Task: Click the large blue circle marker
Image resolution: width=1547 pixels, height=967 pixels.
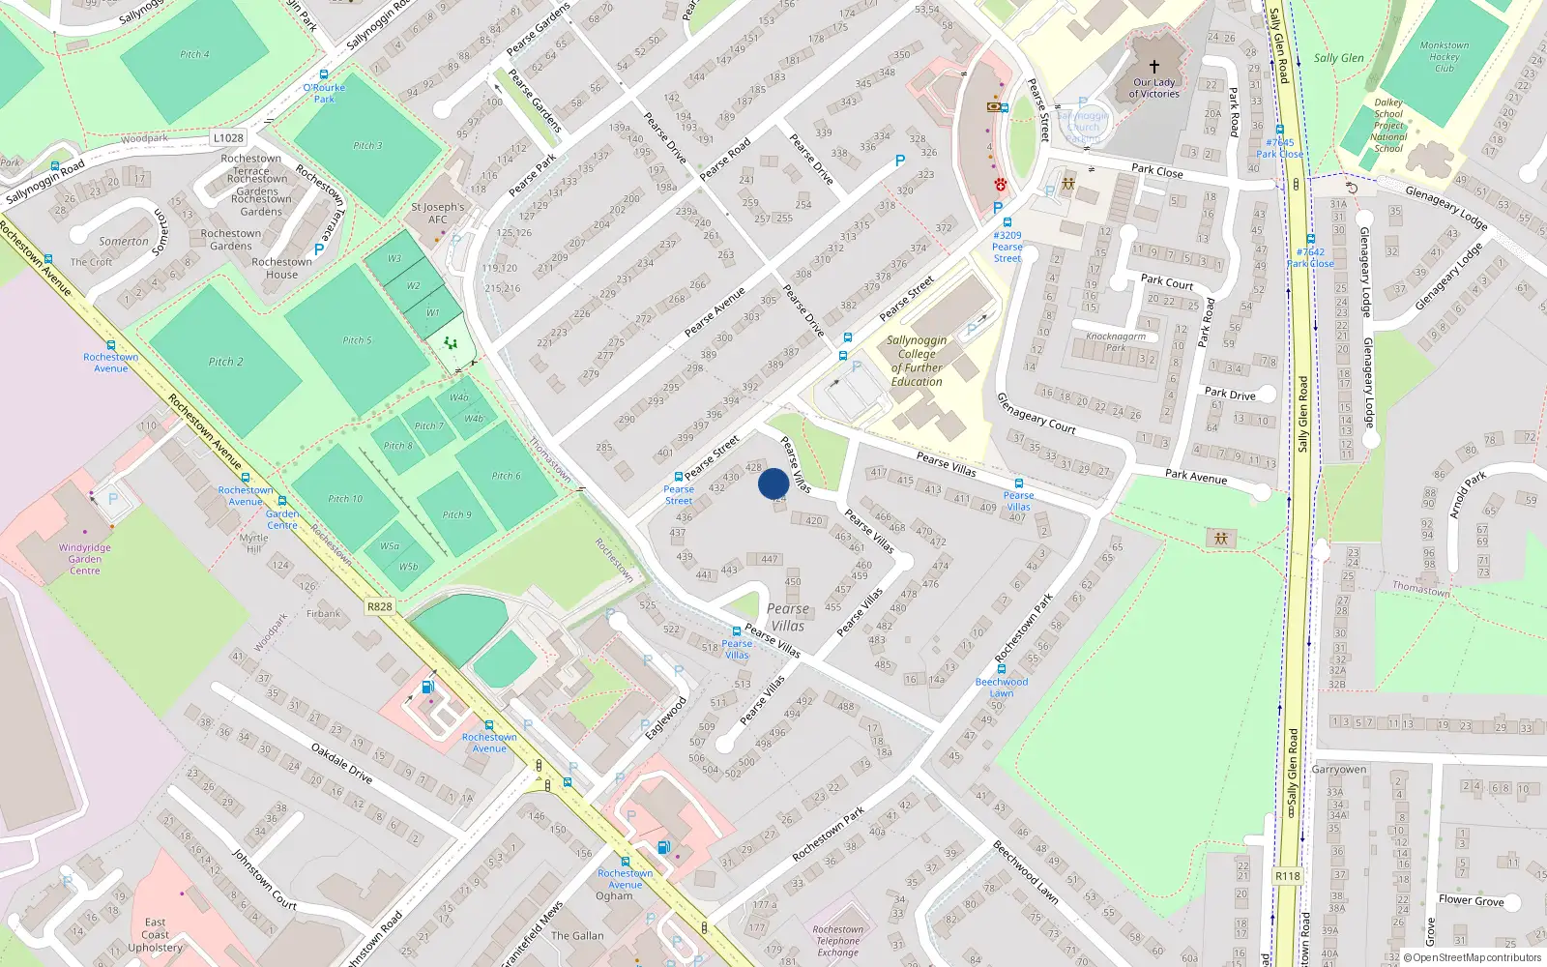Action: pyautogui.click(x=773, y=483)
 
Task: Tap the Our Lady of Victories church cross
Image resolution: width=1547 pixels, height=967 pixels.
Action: pyautogui.click(x=1153, y=67)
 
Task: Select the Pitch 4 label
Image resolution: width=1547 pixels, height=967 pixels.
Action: pyautogui.click(x=194, y=54)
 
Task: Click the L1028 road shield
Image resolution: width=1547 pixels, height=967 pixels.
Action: pyautogui.click(x=228, y=138)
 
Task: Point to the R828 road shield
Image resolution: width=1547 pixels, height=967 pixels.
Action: pyautogui.click(x=380, y=606)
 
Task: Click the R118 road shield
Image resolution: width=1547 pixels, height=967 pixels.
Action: pyautogui.click(x=1287, y=876)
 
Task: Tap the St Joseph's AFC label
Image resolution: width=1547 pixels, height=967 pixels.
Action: pyautogui.click(x=438, y=213)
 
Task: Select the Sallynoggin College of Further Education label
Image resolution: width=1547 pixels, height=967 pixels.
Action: pyautogui.click(x=917, y=361)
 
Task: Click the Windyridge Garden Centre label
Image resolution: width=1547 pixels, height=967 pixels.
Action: pyautogui.click(x=84, y=559)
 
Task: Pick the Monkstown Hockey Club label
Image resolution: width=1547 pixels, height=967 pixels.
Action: pyautogui.click(x=1445, y=56)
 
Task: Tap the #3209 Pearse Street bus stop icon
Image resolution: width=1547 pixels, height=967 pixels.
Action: pyautogui.click(x=1007, y=222)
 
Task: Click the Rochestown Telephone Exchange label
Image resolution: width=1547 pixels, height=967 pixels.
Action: pyautogui.click(x=837, y=941)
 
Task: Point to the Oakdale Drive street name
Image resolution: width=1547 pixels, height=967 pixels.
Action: pyautogui.click(x=341, y=762)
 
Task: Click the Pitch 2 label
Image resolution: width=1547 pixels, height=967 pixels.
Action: pyautogui.click(x=226, y=362)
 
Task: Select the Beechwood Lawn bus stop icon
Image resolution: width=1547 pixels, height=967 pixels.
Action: pyautogui.click(x=1002, y=669)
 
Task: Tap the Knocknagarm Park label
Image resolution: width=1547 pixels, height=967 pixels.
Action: pyautogui.click(x=1116, y=341)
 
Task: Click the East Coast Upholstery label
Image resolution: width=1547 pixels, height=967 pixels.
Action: pyautogui.click(x=155, y=934)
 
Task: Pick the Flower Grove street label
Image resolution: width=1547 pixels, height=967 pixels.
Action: pyautogui.click(x=1471, y=900)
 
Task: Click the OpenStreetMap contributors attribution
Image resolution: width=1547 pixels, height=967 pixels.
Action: pyautogui.click(x=1476, y=957)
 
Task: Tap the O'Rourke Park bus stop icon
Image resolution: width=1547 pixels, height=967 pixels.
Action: pyautogui.click(x=323, y=74)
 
